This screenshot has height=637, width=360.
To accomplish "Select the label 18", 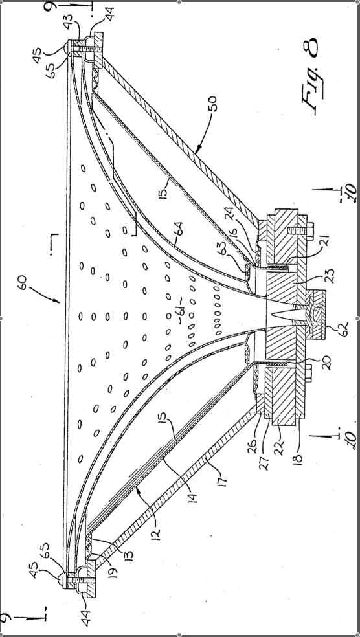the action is click(x=299, y=456).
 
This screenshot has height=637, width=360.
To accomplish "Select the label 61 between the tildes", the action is click(x=181, y=312).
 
